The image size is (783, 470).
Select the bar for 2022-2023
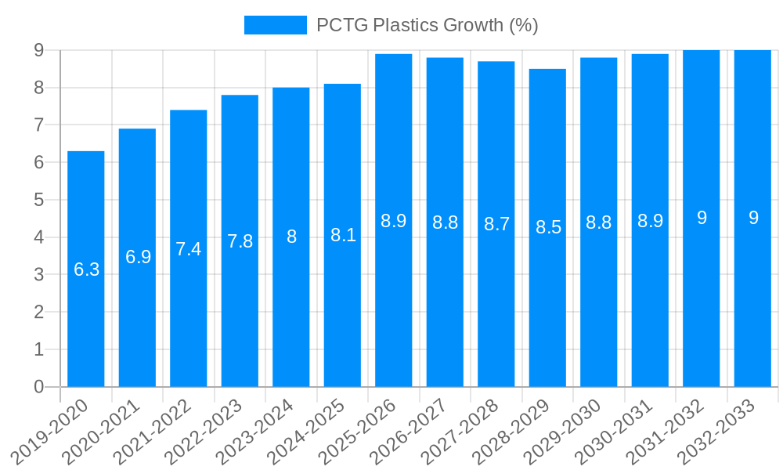pos(240,313)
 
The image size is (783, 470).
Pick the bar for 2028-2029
pos(547,313)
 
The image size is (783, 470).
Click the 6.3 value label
pos(86,269)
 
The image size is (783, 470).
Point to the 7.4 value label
pos(189,249)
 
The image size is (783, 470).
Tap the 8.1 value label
pos(343,235)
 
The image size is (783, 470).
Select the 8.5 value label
pos(548,227)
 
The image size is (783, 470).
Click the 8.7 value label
pos(496,224)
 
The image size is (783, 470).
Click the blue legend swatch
pos(275,25)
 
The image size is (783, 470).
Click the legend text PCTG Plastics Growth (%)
pos(427,25)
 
